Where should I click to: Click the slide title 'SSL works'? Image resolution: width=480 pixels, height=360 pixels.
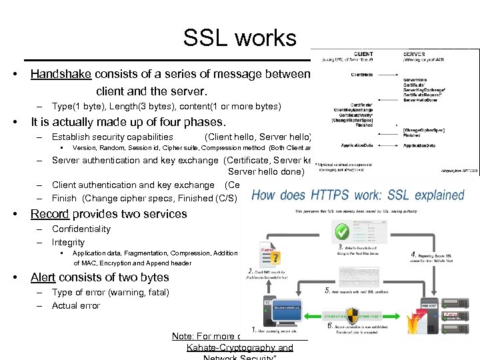(x=240, y=38)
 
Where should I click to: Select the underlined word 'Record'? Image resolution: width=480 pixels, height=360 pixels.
(x=51, y=214)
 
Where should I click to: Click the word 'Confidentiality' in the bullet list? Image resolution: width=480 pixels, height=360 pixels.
(x=81, y=229)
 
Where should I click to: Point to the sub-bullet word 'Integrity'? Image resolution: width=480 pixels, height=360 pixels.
(x=68, y=242)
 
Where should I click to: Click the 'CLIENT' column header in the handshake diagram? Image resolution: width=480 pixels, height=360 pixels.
(x=364, y=54)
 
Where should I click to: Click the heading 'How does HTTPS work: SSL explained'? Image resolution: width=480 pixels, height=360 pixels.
(x=357, y=195)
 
